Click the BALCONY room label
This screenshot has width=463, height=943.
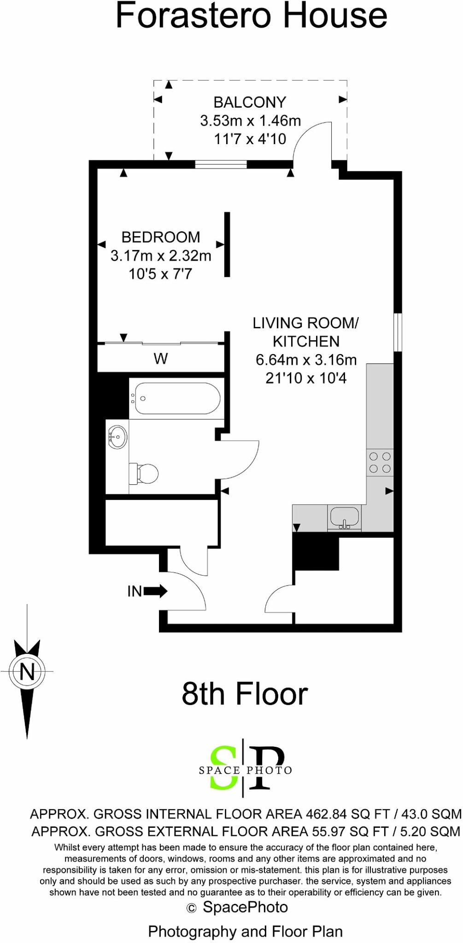pos(250,102)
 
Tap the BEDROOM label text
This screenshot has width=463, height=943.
pos(161,237)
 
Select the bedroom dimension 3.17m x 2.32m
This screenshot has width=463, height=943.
pos(161,256)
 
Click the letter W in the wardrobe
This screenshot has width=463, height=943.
pos(160,359)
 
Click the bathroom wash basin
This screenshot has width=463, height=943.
pos(118,437)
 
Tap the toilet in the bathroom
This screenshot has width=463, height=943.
pos(145,473)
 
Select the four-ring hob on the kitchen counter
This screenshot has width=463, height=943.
pos(380,463)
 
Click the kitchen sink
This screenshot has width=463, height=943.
pos(344,518)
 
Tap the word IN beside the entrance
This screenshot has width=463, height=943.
pos(135,591)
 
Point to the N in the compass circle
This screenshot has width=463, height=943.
pos(27,672)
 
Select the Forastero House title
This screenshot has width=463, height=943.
pos(251,16)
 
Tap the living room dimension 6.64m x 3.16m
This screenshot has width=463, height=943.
pos(306,360)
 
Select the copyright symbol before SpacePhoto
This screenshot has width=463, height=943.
pos(191,908)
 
